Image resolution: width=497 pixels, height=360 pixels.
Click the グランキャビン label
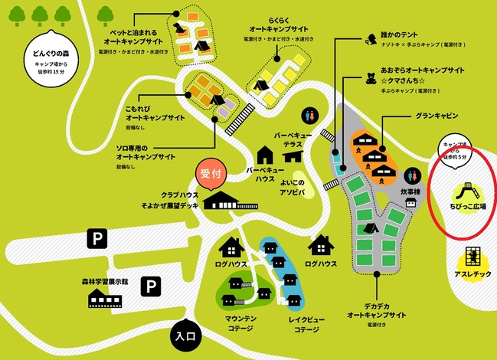coord(437,116)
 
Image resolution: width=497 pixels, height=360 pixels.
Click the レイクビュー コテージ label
coord(293,323)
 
